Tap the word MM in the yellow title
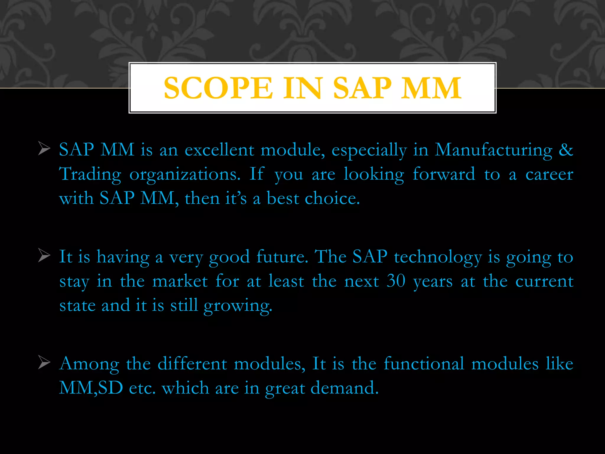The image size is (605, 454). pos(431,88)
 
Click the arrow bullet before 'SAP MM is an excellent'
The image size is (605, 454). pos(44,149)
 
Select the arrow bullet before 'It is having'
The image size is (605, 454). pos(44,256)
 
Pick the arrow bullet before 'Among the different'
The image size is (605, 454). pos(44,363)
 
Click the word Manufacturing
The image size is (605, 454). pos(493,150)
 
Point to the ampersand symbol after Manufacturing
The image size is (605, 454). pos(566,150)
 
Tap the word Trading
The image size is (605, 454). pos(90,174)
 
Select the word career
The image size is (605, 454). pos(549,174)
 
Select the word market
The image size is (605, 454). pos(180,281)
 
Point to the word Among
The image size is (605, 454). pos(89,364)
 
